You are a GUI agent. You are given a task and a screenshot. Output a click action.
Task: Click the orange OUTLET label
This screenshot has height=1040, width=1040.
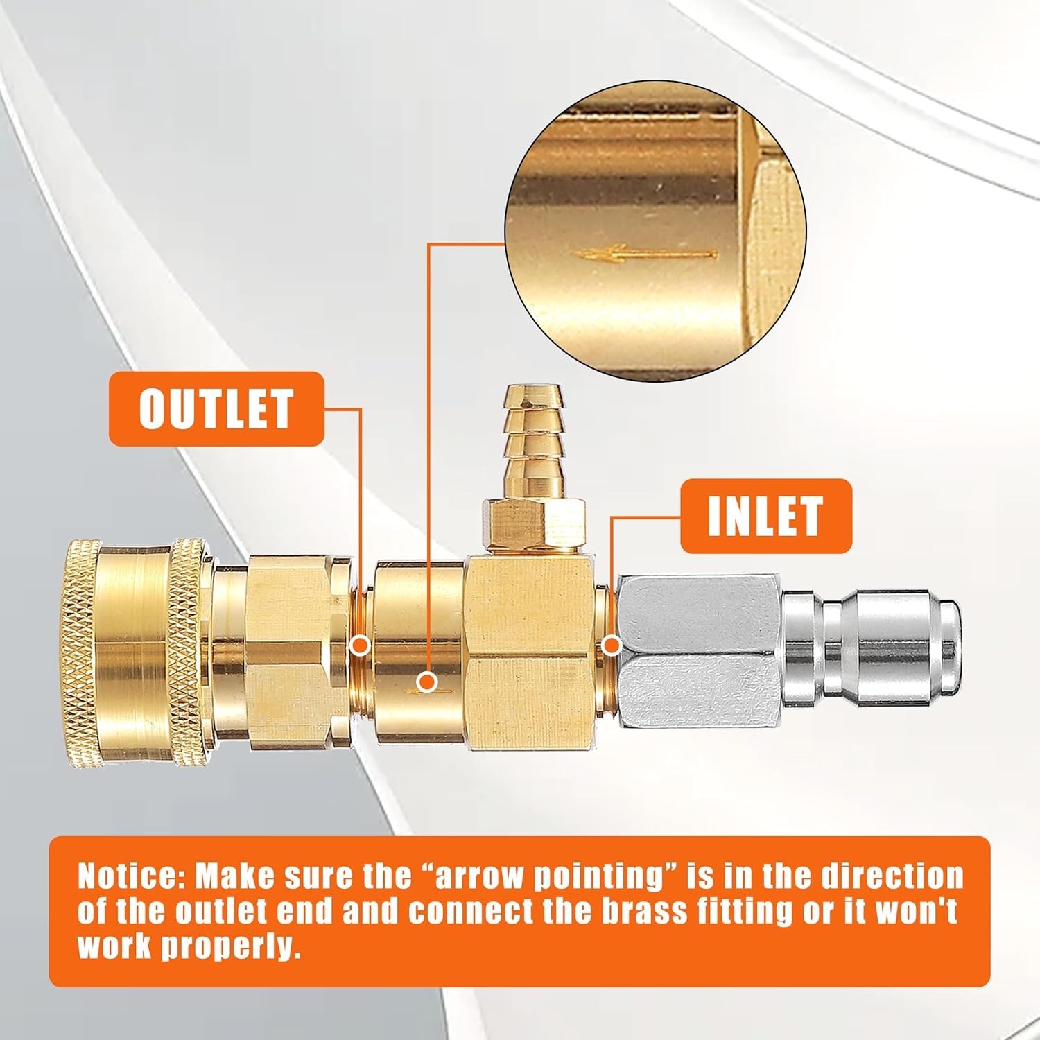[216, 409]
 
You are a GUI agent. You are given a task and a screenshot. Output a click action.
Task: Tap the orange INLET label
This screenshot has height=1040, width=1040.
[765, 516]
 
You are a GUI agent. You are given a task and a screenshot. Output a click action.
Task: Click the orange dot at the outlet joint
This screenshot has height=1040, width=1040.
[360, 646]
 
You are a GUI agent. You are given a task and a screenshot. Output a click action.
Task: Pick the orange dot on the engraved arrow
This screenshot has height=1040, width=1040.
[428, 682]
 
